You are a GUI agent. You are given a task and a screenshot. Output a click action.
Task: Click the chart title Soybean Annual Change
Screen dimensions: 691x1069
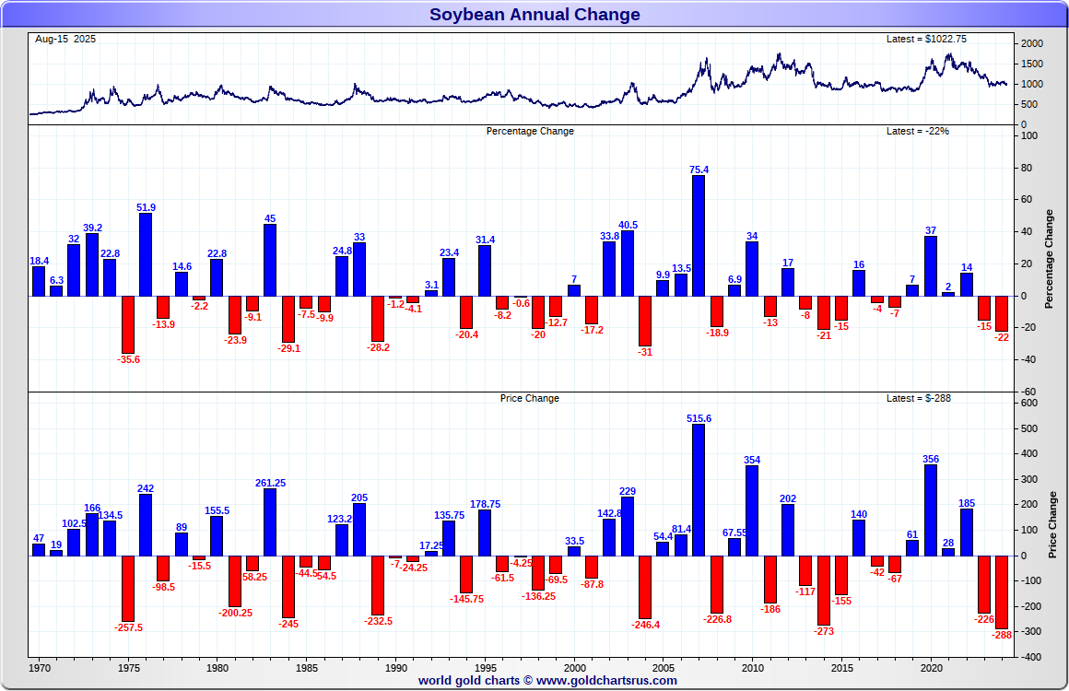[x=534, y=14]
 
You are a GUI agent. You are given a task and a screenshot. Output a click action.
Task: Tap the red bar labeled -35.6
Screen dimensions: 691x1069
[x=128, y=323]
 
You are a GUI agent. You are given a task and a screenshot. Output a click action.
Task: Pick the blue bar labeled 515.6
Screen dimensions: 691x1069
[x=698, y=489]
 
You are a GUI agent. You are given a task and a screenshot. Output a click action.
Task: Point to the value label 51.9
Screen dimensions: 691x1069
[x=146, y=207]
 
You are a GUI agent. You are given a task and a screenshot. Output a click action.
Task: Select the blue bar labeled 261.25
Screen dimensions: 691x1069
[x=270, y=521]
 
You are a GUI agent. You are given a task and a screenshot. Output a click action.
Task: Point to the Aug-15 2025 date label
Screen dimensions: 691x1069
[x=65, y=39]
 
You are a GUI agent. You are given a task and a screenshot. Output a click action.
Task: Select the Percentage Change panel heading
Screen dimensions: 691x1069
[x=530, y=131]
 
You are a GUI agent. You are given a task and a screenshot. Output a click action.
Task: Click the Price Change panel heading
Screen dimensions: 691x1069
[x=530, y=398]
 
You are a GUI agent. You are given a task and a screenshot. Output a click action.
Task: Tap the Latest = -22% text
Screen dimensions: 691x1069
[x=917, y=131]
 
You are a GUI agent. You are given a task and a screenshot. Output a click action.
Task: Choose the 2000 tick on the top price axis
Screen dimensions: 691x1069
[x=1032, y=43]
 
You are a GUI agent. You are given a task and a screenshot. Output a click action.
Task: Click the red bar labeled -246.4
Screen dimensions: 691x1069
[x=645, y=586]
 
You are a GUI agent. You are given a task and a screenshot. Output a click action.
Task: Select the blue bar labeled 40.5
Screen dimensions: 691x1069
[x=628, y=263]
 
